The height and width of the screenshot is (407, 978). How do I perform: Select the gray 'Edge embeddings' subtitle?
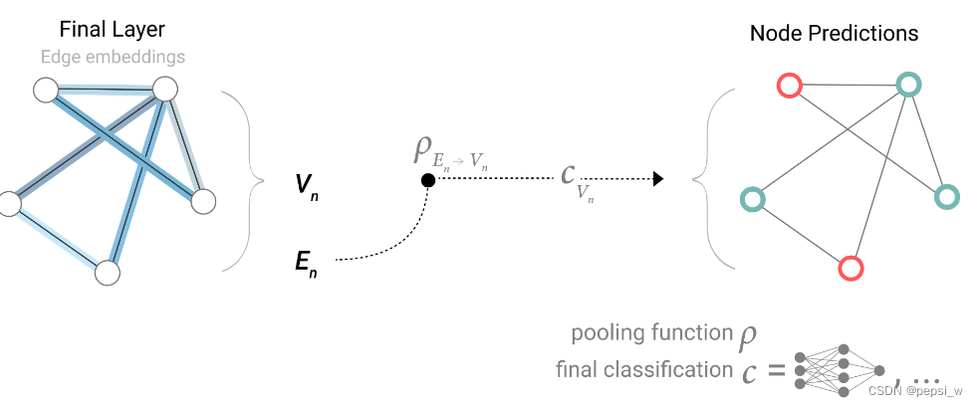113,57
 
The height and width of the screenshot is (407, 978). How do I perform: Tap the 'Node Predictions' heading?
834,33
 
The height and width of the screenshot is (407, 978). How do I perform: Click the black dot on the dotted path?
427,179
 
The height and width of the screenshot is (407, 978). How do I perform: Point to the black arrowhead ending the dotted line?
657,179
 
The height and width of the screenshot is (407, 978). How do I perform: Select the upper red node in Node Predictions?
789,87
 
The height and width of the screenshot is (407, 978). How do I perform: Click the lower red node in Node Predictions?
850,268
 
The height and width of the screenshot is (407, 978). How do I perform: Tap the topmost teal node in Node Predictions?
907,85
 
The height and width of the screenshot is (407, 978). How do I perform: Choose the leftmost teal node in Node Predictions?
753,200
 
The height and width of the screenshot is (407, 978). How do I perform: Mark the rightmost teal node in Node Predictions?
946,197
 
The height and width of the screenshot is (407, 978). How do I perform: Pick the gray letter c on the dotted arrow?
567,175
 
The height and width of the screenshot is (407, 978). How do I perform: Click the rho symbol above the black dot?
422,150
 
